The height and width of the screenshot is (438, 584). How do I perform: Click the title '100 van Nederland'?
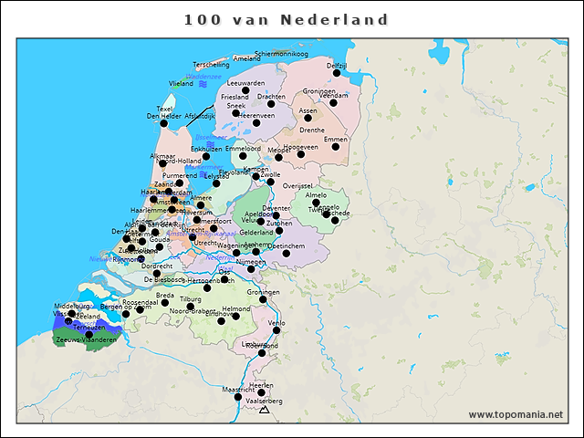(x=287, y=20)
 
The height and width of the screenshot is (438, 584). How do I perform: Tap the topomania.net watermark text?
(x=516, y=414)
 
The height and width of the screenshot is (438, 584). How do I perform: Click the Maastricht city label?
(x=239, y=390)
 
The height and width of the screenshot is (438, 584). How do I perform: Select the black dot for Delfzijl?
(x=337, y=73)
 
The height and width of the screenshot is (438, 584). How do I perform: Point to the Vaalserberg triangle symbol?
(x=265, y=411)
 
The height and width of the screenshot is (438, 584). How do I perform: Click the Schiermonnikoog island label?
(x=282, y=54)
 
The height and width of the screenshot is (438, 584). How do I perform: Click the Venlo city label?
(x=277, y=323)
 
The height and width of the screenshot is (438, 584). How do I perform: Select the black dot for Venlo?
(x=276, y=330)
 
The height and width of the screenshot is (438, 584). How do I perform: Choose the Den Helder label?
(x=164, y=116)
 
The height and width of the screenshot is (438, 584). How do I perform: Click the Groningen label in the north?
(x=319, y=91)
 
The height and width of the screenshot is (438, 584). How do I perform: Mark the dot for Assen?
(x=308, y=118)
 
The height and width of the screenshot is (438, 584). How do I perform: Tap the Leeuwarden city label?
(x=245, y=83)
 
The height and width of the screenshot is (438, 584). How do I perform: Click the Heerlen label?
(x=261, y=385)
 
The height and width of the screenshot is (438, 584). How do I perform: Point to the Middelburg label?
(x=73, y=306)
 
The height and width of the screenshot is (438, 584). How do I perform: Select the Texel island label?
(x=164, y=109)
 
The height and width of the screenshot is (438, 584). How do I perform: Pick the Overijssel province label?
(x=297, y=185)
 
